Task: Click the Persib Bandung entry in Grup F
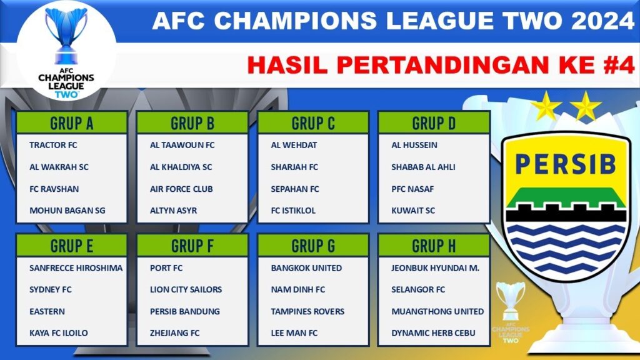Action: [x=184, y=311]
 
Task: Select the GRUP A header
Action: [x=71, y=123]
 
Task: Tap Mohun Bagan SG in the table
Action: [x=67, y=211]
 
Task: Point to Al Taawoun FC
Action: [x=182, y=145]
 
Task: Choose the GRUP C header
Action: [x=312, y=123]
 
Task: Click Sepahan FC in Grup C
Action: [x=294, y=189]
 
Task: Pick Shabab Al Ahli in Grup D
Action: [x=423, y=167]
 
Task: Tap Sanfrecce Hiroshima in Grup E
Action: [x=76, y=268]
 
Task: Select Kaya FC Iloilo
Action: [x=58, y=333]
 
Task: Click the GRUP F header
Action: [x=192, y=246]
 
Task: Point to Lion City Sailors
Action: [x=186, y=290]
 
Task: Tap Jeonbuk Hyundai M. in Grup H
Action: [x=435, y=268]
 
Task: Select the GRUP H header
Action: [x=434, y=246]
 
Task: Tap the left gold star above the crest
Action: [x=546, y=106]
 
